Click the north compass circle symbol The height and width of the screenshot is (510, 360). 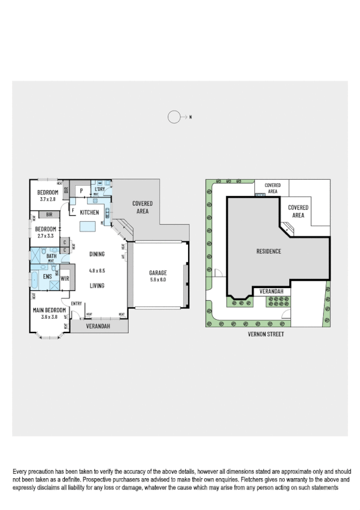click(x=174, y=117)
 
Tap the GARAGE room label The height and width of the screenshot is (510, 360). click(x=158, y=272)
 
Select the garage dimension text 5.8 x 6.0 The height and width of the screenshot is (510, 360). click(x=158, y=280)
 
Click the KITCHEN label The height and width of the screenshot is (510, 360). click(x=90, y=212)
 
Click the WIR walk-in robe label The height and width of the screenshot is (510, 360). click(x=65, y=279)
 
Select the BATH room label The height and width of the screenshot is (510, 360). click(x=51, y=256)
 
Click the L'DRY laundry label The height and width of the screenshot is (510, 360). click(x=100, y=189)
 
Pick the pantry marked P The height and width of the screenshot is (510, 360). click(x=81, y=191)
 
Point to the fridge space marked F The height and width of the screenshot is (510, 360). click(x=73, y=211)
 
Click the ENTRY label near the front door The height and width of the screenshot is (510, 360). click(x=76, y=303)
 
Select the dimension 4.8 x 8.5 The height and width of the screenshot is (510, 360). click(x=97, y=271)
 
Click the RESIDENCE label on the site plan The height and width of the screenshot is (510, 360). click(x=269, y=251)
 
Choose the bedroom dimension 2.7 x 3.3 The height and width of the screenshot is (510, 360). click(x=46, y=236)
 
